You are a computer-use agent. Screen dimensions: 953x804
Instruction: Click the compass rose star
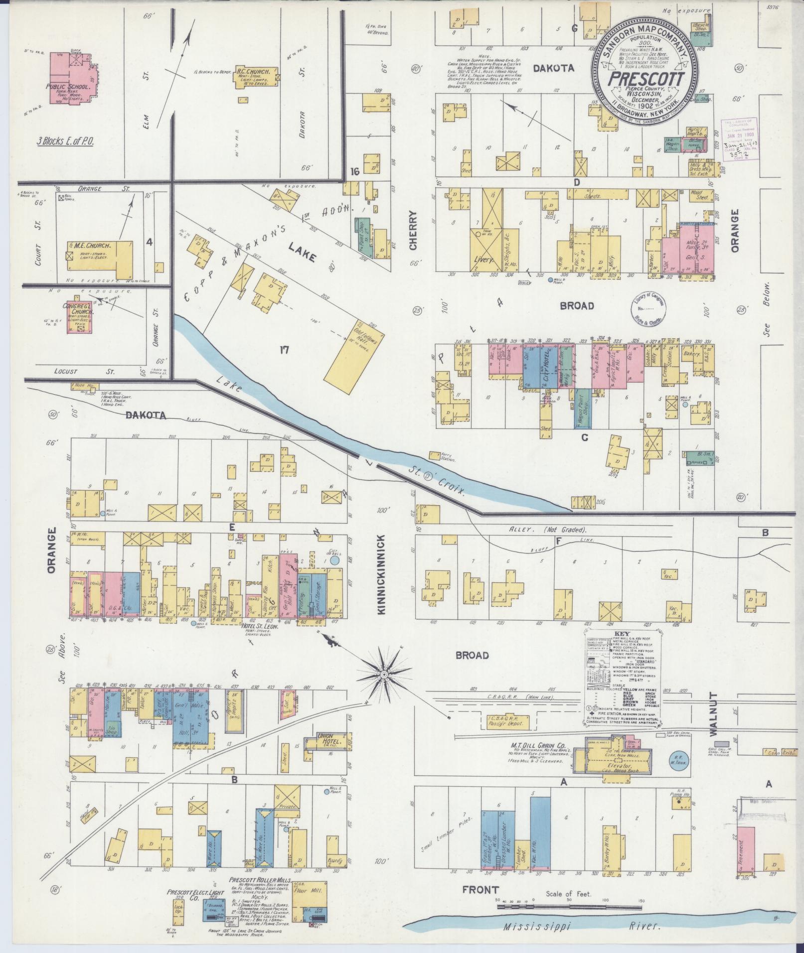384,675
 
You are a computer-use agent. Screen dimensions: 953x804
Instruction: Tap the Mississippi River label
581,927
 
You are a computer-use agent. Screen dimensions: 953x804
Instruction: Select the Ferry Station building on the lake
435,456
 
